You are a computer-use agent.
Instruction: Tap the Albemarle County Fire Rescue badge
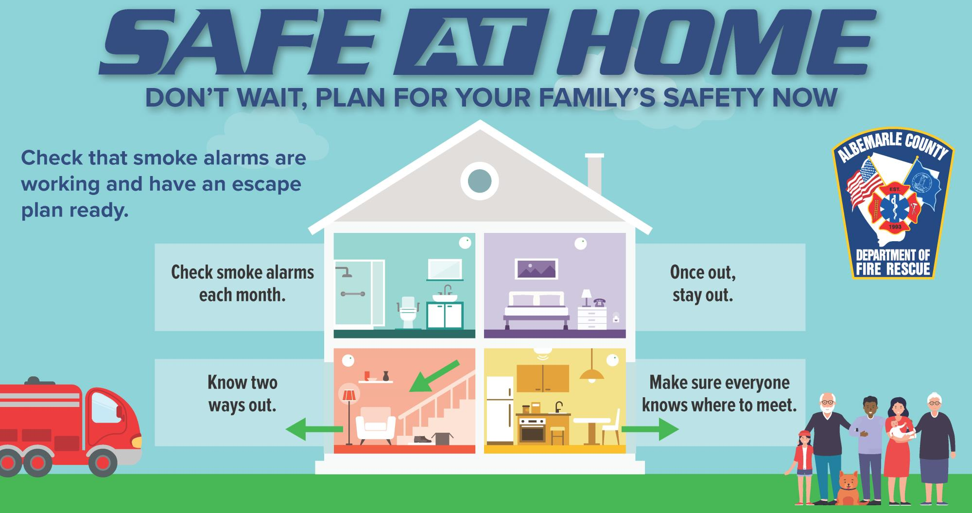coord(893,204)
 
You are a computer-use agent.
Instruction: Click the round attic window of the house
coord(479,181)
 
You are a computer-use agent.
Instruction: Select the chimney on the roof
coord(594,173)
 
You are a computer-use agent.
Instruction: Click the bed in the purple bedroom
coord(536,309)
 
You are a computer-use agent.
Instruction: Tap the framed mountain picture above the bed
coord(536,269)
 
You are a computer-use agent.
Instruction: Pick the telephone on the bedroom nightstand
coord(599,302)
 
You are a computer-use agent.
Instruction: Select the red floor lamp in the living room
coord(348,413)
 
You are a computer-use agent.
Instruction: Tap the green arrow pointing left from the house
coord(314,429)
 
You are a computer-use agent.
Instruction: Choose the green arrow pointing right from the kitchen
coord(650,429)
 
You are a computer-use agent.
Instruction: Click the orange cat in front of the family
coord(848,488)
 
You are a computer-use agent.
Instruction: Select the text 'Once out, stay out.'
coord(703,283)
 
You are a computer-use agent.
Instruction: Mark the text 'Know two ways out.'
coord(243,393)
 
